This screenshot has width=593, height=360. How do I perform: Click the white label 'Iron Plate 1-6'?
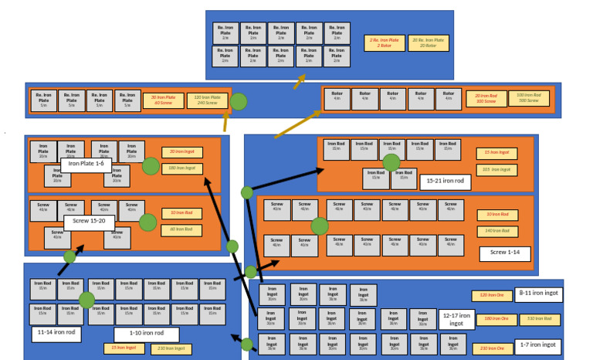[x=87, y=163]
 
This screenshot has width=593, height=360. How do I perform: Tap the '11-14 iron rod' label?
[x=56, y=334]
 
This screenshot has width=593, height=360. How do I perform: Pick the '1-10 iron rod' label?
[x=146, y=334]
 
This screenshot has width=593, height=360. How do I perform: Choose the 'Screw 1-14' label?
[x=504, y=253]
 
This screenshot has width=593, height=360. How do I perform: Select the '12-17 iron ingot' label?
[x=456, y=319]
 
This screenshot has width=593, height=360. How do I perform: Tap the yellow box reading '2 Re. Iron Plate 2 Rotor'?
[x=384, y=43]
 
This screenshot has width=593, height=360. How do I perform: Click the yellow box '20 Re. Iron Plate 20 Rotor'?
[x=428, y=43]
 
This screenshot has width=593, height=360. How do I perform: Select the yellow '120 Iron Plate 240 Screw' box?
[x=206, y=100]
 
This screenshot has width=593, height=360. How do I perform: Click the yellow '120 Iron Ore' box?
[x=492, y=296]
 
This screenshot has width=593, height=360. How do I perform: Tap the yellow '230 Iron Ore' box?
[x=492, y=348]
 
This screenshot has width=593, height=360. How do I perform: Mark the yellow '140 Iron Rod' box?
[x=496, y=231]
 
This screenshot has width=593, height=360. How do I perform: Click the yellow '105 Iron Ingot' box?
[x=496, y=169]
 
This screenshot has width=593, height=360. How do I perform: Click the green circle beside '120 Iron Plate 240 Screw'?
[x=239, y=101]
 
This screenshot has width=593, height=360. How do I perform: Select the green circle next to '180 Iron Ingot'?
[x=151, y=166]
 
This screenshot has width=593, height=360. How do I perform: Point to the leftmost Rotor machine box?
[x=337, y=98]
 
